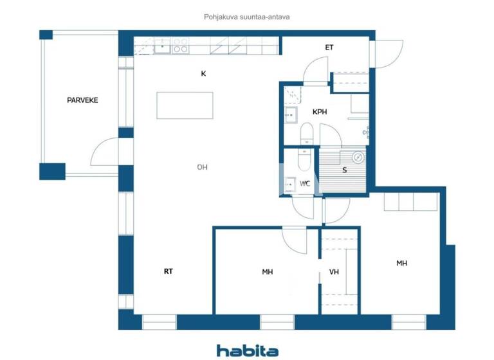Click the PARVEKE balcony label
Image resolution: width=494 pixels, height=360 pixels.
82,100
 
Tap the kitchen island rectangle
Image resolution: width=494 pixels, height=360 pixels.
185,105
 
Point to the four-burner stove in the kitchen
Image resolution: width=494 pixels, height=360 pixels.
181,46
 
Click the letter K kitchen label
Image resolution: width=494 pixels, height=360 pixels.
203,74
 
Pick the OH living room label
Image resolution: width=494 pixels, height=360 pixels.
202,167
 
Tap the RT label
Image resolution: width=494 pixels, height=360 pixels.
169,272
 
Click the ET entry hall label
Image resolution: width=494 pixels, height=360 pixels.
329,48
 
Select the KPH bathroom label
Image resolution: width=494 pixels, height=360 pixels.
320,112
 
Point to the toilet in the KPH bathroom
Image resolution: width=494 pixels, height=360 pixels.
307,133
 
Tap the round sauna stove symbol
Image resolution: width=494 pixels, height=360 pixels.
358,156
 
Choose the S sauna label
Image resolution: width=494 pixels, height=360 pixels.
345,170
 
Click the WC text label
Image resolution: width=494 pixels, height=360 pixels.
305,184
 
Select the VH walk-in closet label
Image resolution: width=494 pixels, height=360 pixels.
334,272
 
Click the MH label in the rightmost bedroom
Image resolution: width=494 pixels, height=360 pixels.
401,264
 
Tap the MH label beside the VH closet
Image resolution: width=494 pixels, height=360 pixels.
268,272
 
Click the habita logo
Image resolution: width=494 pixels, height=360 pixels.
247,350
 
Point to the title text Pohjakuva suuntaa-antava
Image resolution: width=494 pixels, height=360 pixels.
247,18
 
